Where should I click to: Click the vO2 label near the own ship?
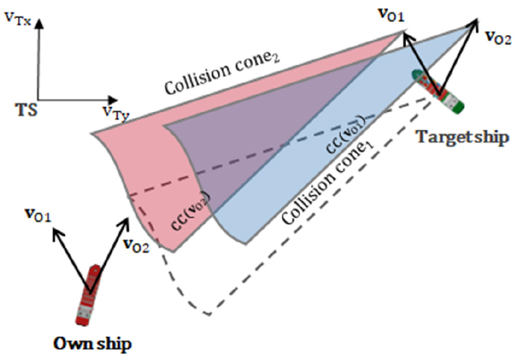click(x=135, y=245)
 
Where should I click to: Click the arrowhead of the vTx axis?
click(x=39, y=17)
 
